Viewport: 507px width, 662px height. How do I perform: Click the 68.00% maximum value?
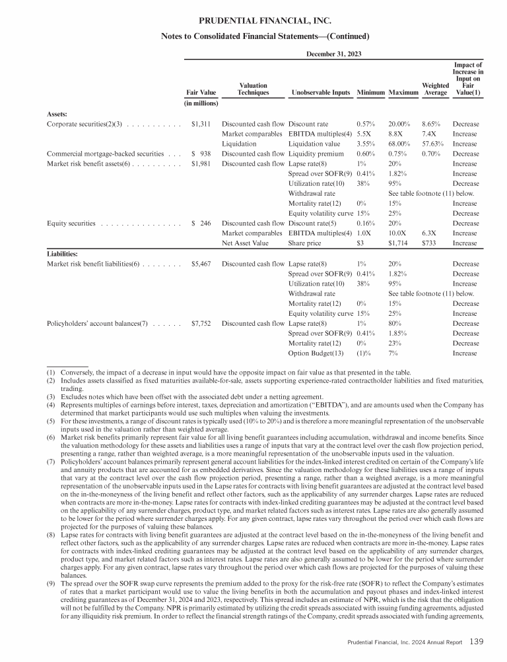tap(401, 143)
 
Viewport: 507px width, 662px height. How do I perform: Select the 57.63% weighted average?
tap(433, 143)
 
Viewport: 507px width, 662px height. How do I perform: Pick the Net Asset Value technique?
tap(246, 243)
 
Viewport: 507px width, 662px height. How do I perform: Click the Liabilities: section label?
tap(63, 253)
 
